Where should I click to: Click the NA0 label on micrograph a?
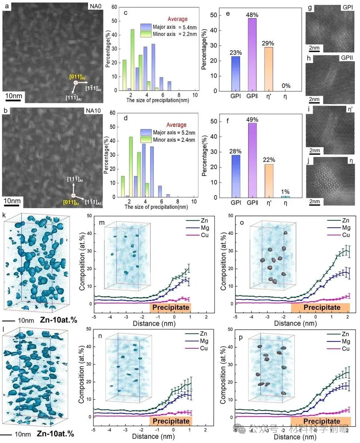[x=94, y=6]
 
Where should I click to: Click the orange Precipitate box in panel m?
[x=170, y=308]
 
